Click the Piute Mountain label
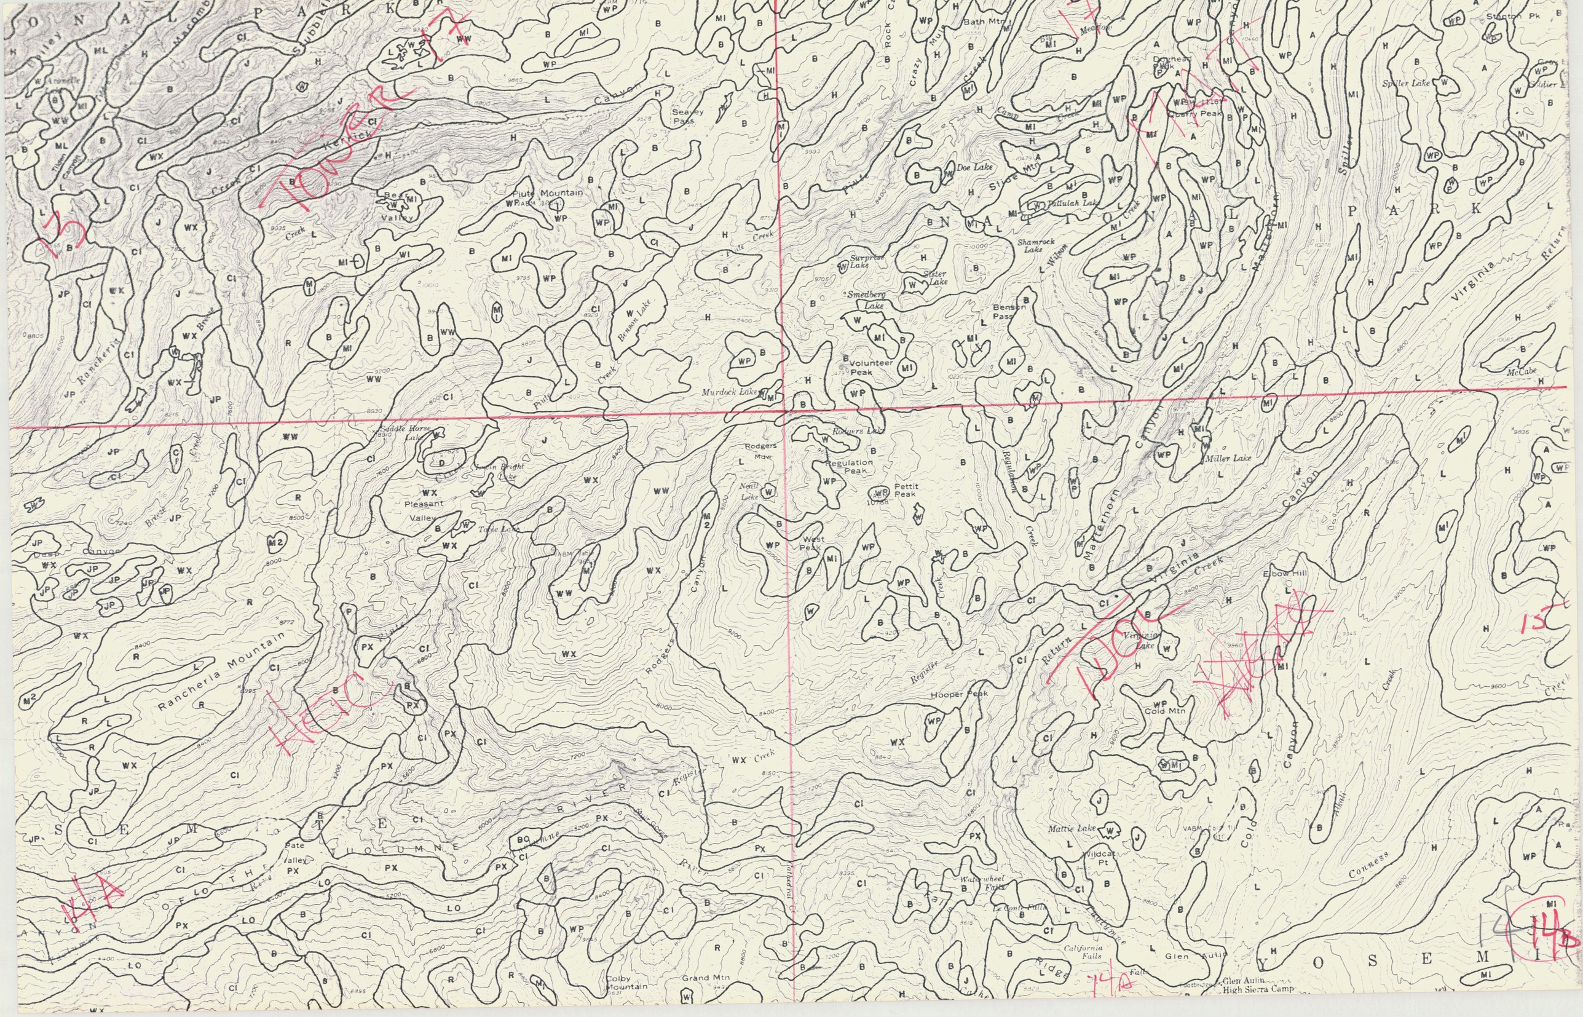[x=548, y=193]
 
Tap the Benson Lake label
[x=634, y=320]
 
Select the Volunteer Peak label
[x=869, y=367]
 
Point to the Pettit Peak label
[x=905, y=490]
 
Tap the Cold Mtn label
[x=1164, y=711]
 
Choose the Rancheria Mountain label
[x=223, y=671]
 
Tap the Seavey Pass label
[x=687, y=116]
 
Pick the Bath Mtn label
[x=984, y=22]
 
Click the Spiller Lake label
[x=1405, y=84]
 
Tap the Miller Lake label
[x=1228, y=458]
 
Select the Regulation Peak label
[x=848, y=466]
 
